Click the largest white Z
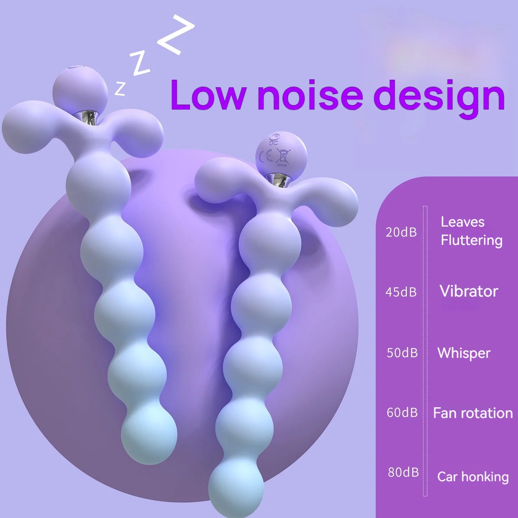(x=175, y=35)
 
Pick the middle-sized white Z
(x=140, y=63)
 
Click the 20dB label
(x=401, y=232)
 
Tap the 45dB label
(x=401, y=292)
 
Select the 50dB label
(x=402, y=353)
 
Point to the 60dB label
(x=402, y=413)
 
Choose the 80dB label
(x=403, y=472)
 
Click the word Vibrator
(x=469, y=291)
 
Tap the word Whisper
(x=464, y=353)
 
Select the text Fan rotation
(x=473, y=413)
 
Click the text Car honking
(x=473, y=477)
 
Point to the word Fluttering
(x=471, y=240)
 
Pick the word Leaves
(x=462, y=222)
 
